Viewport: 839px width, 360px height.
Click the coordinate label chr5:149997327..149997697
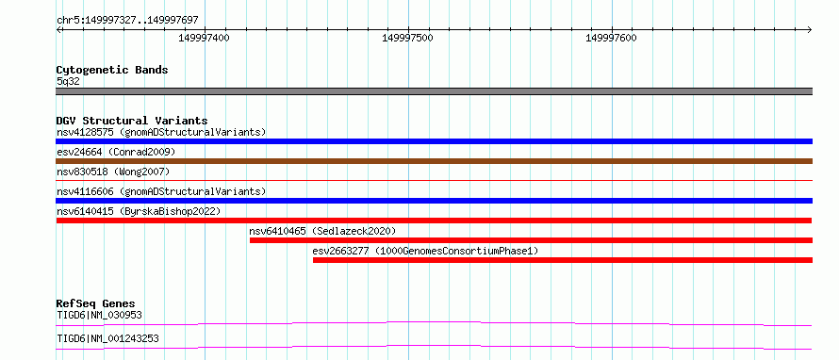coord(127,21)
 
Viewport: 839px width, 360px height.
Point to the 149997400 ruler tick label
coord(204,38)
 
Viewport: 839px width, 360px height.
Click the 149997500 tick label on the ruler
coord(408,38)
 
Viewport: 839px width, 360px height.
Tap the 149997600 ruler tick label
coord(612,38)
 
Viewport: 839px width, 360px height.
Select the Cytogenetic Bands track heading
coord(112,70)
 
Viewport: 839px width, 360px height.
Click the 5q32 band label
coord(68,82)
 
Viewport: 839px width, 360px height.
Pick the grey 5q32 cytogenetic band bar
coord(434,91)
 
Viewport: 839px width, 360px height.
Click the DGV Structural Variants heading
coord(132,121)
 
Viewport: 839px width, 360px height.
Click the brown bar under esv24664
coord(434,161)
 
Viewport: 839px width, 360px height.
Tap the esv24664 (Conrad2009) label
coord(116,153)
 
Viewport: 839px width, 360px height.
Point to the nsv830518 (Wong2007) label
coord(113,172)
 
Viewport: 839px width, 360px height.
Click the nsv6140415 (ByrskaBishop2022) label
coord(139,211)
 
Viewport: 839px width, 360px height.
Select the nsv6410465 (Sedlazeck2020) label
coord(322,231)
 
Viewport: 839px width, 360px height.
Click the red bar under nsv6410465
coord(531,240)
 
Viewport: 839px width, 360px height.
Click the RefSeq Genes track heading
coord(96,303)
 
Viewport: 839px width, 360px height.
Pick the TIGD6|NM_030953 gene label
coord(100,315)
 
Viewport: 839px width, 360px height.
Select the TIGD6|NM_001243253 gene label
coord(107,338)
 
